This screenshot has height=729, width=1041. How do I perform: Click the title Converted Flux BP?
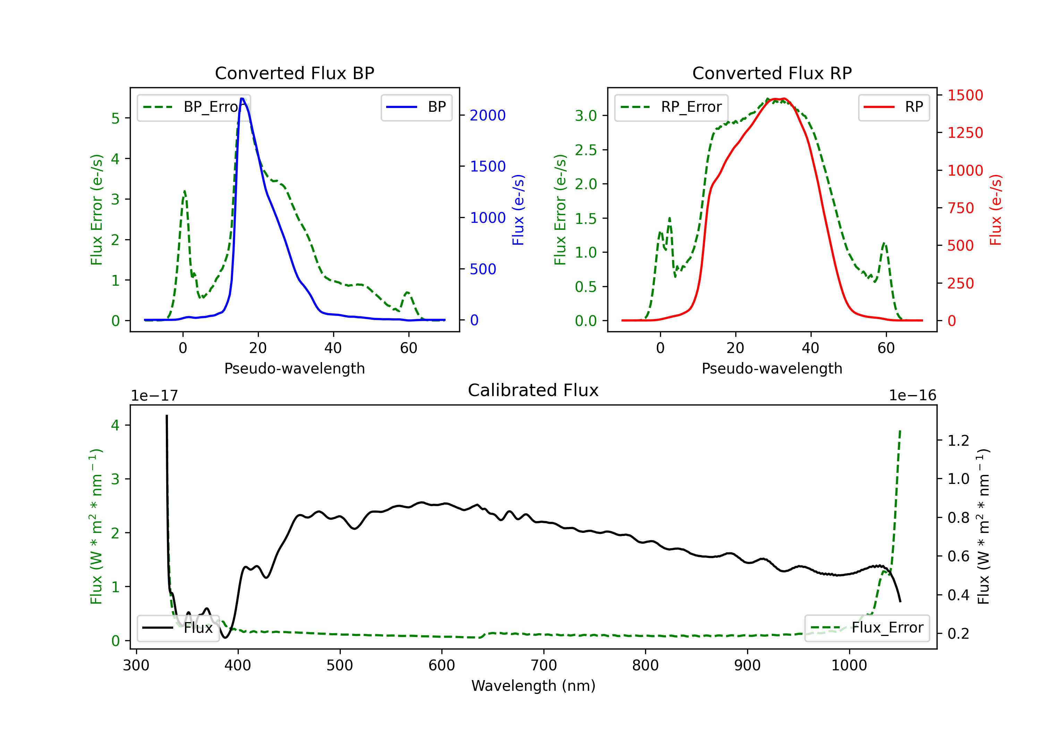pos(294,73)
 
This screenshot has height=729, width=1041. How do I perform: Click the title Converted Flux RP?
pos(772,73)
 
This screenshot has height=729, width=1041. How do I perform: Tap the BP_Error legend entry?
pos(194,107)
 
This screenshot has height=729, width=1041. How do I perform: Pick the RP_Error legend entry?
pos(671,107)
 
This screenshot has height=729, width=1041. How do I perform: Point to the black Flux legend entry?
pos(178,628)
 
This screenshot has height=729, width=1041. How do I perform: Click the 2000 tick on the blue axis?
pos(488,115)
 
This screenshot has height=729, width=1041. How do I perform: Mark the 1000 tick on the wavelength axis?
pos(849,665)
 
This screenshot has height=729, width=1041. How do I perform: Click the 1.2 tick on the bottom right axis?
pos(958,441)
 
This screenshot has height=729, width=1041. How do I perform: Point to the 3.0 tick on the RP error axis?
pos(586,116)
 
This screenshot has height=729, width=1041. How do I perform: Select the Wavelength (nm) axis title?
pos(533,686)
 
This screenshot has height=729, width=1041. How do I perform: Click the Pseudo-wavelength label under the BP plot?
pos(294,368)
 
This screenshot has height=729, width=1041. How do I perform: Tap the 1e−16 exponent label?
pos(912,395)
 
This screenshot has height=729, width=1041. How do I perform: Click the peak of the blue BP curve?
pos(242,99)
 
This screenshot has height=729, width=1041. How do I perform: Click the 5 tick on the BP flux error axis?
pos(116,118)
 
